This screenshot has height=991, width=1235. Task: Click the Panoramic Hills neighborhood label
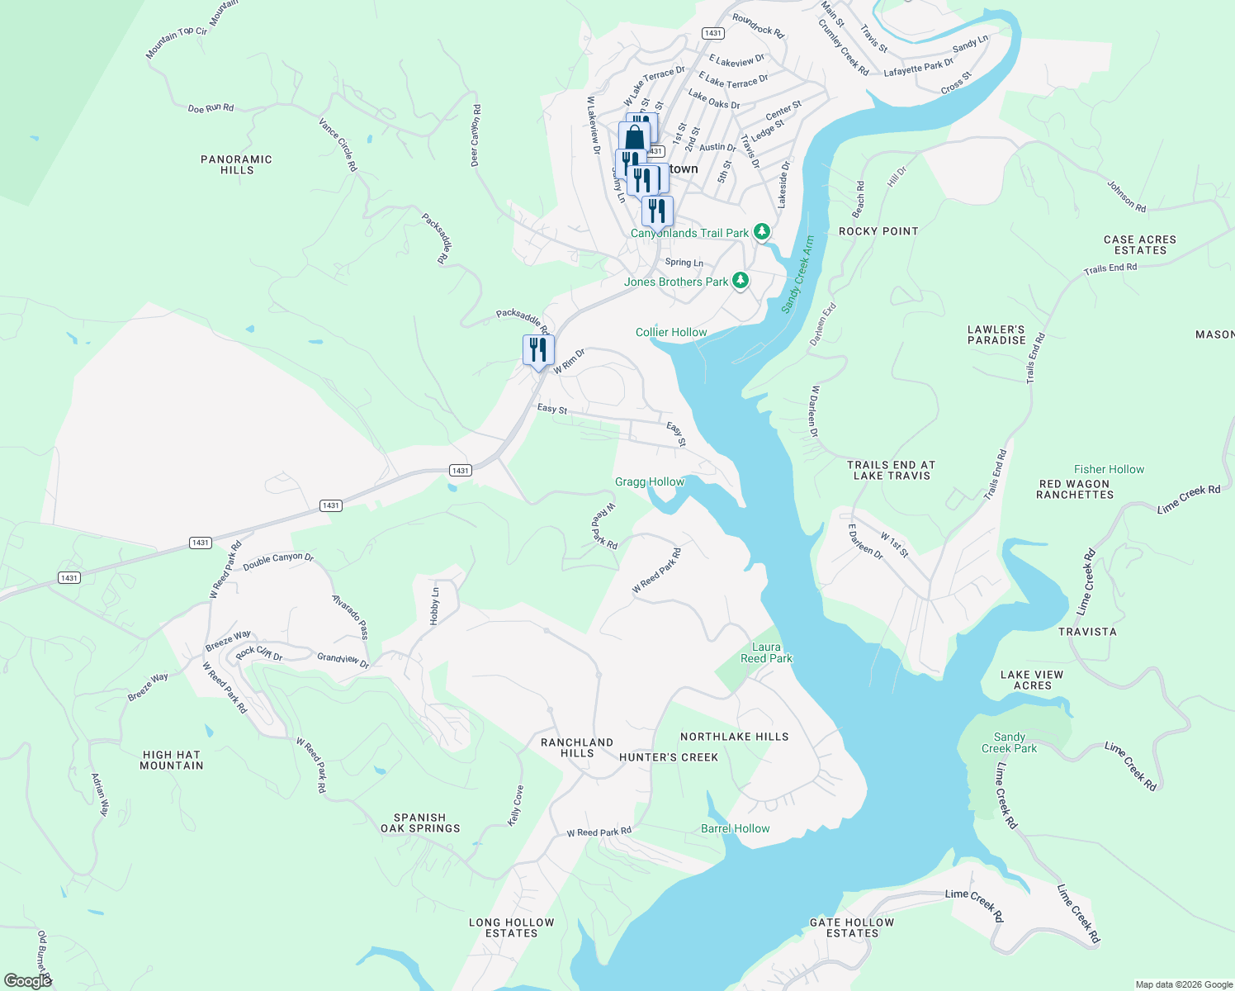click(x=236, y=164)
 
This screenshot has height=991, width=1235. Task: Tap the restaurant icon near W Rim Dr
click(x=538, y=350)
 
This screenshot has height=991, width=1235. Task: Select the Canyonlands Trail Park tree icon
click(x=762, y=232)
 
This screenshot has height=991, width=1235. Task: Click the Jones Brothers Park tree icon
click(x=741, y=281)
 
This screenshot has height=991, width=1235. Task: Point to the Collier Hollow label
click(x=671, y=332)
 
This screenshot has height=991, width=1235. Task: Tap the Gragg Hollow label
click(x=650, y=481)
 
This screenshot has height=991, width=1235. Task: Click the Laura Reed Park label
click(x=766, y=652)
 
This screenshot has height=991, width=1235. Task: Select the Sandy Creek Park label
click(x=1009, y=742)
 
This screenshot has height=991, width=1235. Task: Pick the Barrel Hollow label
click(x=735, y=828)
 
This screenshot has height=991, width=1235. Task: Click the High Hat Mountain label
click(x=172, y=760)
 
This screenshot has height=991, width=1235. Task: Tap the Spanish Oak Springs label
click(x=420, y=823)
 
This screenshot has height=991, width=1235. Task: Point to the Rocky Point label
click(x=878, y=231)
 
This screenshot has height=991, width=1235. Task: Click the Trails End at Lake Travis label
click(x=892, y=470)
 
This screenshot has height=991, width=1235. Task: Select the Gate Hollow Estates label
click(x=852, y=927)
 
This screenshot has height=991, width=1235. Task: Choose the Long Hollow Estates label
click(x=511, y=927)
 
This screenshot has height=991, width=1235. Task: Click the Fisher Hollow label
click(x=1109, y=469)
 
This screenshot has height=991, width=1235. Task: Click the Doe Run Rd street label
click(x=211, y=108)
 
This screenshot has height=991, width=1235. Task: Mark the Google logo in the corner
click(x=27, y=980)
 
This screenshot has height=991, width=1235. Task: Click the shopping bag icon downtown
click(x=634, y=137)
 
